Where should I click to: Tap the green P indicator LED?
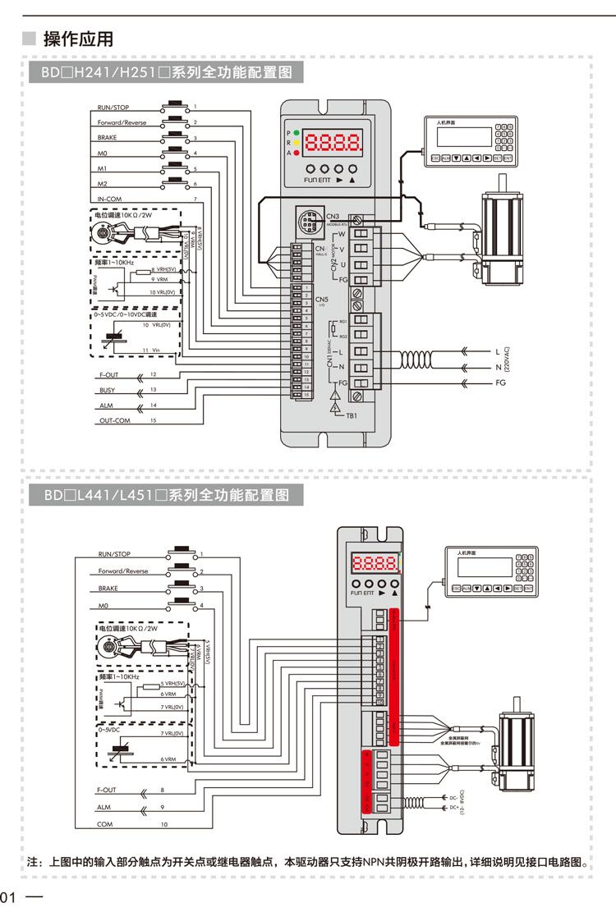[x=296, y=132]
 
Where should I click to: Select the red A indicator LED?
[x=296, y=153]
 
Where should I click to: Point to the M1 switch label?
[x=103, y=168]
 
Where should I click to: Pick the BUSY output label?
[x=107, y=390]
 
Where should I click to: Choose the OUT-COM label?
[x=114, y=420]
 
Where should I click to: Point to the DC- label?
[x=453, y=797]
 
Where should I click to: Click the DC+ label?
[x=453, y=808]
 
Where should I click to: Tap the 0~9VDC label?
[x=109, y=729]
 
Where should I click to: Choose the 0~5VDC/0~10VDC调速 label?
[x=125, y=314]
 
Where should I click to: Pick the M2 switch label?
[x=103, y=184]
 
